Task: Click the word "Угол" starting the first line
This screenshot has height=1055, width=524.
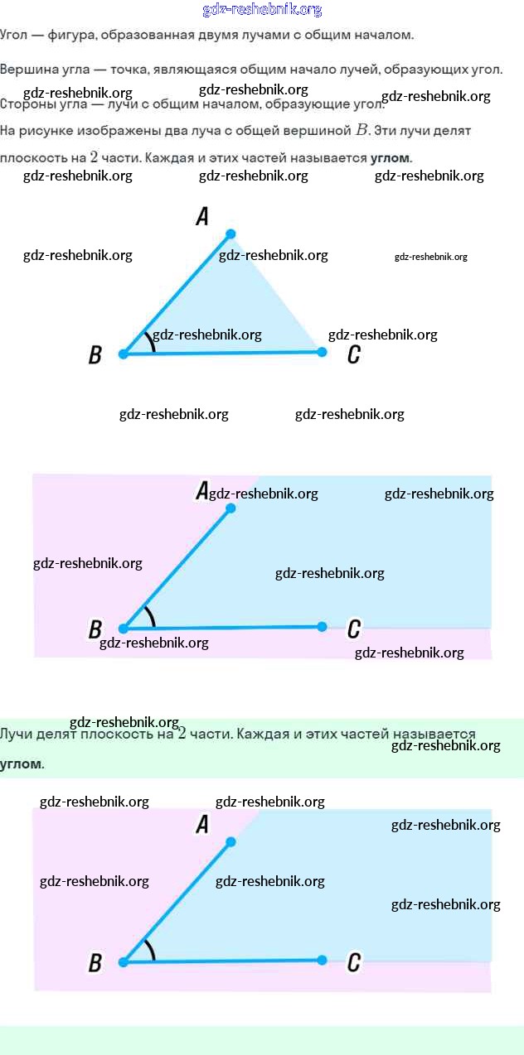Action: coord(13,35)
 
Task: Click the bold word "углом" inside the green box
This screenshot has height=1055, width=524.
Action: coord(20,764)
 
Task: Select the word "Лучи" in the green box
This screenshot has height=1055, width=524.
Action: coord(16,734)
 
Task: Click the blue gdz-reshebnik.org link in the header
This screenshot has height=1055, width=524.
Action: coord(262,10)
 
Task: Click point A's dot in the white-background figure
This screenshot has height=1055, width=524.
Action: coord(231,234)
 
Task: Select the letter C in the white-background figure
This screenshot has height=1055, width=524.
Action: coord(354,355)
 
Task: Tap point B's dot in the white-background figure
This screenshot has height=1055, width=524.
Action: coord(123,354)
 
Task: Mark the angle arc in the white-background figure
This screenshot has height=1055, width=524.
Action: coord(152,341)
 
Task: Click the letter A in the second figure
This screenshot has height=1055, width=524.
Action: coord(201,491)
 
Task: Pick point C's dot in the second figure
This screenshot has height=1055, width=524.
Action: coord(322,627)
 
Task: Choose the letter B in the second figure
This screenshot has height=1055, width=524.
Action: coord(95,629)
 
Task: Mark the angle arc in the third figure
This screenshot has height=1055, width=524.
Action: coord(152,949)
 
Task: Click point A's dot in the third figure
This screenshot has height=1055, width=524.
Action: coord(231,841)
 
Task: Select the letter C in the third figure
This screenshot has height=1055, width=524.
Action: coord(354,962)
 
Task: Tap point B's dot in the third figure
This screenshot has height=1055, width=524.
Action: coord(123,962)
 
